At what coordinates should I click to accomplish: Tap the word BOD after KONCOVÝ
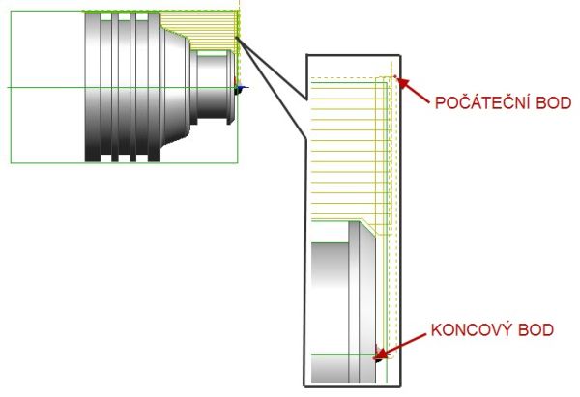click(535, 330)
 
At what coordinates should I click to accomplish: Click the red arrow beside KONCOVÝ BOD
click(402, 342)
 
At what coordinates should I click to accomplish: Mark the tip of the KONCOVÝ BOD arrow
click(380, 356)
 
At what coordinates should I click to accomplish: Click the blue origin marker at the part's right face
click(241, 89)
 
